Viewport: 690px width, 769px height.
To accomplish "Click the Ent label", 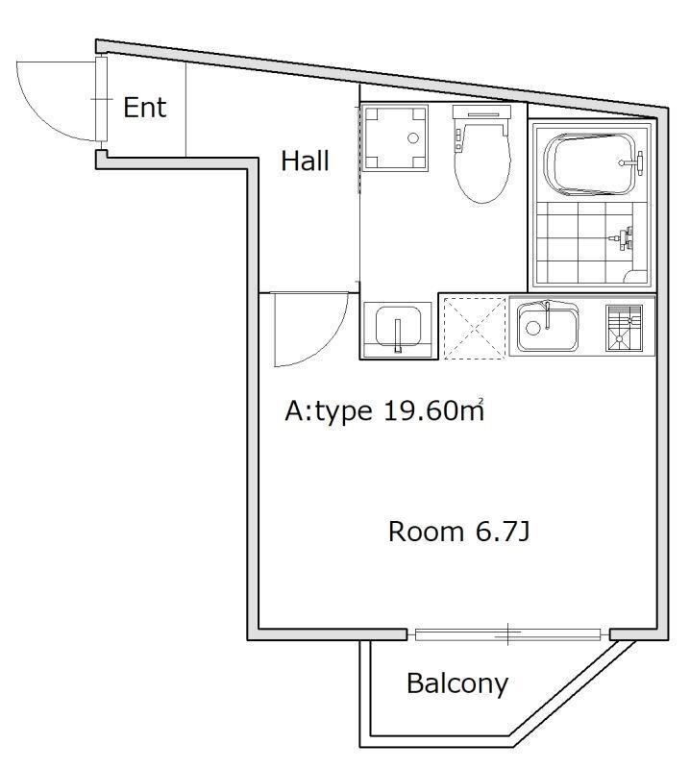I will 145,107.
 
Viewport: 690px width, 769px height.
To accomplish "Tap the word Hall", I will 305,161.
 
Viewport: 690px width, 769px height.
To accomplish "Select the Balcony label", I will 456,683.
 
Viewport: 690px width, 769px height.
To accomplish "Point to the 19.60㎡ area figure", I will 433,411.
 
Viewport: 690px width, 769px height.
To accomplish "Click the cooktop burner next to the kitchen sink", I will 622,327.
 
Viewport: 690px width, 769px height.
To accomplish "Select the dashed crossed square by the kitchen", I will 473,327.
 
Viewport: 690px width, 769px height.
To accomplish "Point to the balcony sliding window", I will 507,633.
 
